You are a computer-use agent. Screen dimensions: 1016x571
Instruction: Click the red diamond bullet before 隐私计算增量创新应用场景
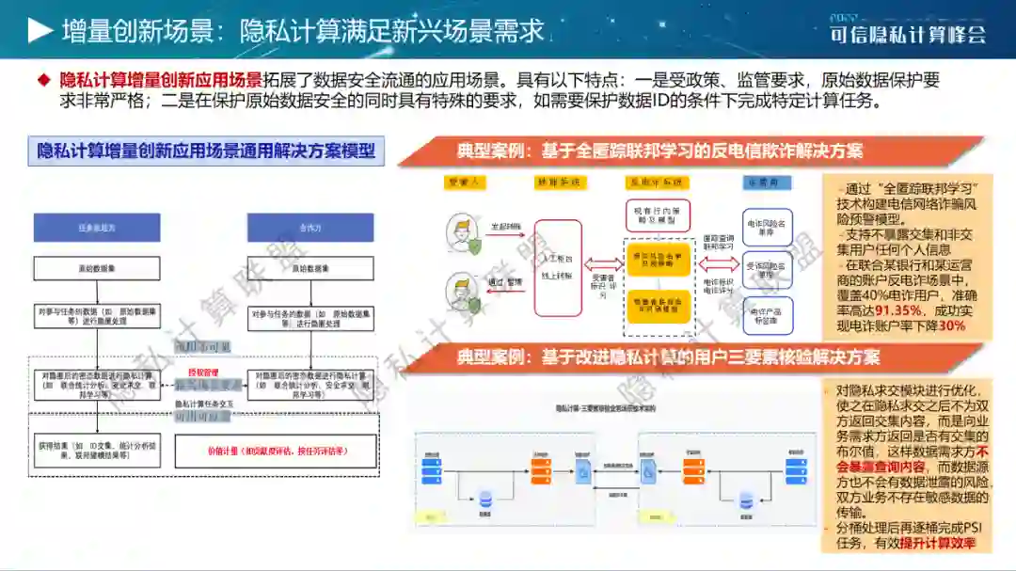42,81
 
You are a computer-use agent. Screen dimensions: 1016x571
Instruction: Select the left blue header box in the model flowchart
98,227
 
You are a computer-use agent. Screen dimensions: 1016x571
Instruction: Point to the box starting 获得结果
98,451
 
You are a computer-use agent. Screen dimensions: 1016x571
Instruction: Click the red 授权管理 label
196,373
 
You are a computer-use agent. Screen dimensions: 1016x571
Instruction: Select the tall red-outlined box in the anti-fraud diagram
570,267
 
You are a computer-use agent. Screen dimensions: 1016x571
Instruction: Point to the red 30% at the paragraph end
951,325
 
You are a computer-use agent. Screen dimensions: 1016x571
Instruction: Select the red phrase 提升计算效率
938,543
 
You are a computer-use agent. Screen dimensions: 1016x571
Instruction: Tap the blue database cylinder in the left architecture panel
485,499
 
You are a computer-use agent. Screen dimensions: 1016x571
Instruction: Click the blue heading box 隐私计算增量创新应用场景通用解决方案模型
206,151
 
